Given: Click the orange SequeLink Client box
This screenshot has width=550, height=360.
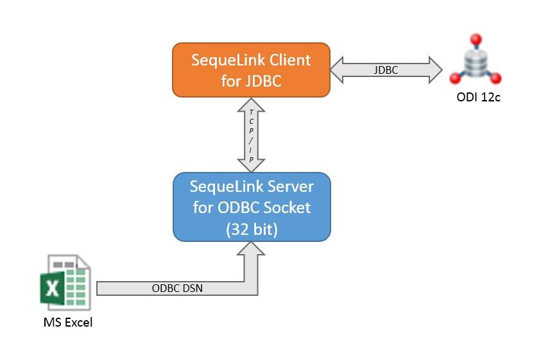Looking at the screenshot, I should [251, 71].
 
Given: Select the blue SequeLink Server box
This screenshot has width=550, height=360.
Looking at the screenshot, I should [252, 207].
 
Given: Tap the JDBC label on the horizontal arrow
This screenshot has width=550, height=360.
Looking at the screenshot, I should [386, 70].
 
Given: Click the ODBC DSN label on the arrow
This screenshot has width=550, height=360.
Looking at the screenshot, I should [177, 288].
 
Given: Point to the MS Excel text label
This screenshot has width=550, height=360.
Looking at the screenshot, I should [68, 322].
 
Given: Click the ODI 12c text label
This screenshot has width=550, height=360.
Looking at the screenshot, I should [476, 98].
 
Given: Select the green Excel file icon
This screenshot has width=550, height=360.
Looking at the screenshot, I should [66, 283].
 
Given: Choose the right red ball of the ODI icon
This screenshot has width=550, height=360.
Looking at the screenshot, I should [496, 78].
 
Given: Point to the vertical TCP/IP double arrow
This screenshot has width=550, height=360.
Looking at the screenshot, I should [251, 135].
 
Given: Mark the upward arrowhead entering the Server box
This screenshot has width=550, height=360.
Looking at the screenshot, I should [251, 250].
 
